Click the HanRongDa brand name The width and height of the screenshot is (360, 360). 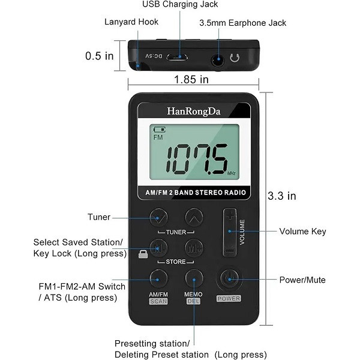pos(194,112)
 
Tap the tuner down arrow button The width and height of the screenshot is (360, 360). pos(158,217)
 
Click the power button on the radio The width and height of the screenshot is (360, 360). pos(230,279)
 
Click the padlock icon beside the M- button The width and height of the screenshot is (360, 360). pos(143,254)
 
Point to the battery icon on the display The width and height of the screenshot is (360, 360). pos(160,130)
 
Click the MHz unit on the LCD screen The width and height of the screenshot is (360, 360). pos(232,173)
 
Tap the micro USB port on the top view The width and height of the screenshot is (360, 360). pos(177,57)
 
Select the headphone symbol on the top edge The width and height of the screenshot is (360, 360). pos(235,58)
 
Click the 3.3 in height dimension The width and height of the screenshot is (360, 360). pos(282,196)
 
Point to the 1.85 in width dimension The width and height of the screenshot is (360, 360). pos(191,79)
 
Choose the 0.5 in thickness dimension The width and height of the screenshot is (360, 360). pos(100,56)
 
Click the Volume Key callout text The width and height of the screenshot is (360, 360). pos(302,232)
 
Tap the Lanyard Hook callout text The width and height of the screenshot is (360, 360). pos(131,22)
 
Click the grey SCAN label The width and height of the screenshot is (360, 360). pos(158,301)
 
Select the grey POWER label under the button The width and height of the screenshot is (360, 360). pos(229,298)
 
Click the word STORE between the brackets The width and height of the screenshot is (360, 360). pos(176,262)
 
